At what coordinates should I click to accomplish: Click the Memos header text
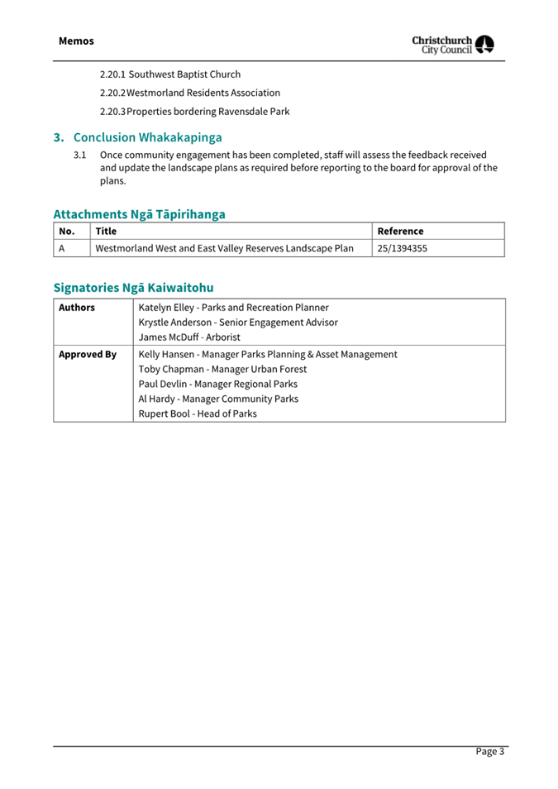pos(76,41)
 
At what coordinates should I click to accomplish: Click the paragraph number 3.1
pos(80,155)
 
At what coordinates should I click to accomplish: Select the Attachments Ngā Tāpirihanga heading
pos(139,214)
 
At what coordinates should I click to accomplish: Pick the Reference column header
pos(400,232)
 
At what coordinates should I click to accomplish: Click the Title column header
pos(106,232)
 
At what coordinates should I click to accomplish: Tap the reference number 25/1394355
pos(402,248)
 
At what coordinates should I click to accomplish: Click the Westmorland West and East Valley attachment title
pos(225,248)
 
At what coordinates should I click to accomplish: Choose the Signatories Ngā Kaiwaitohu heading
pos(133,288)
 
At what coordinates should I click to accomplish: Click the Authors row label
pos(77,308)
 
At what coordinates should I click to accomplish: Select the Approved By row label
pos(87,354)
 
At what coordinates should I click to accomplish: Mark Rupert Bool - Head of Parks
pos(198,414)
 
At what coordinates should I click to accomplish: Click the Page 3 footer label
pos(489,751)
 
